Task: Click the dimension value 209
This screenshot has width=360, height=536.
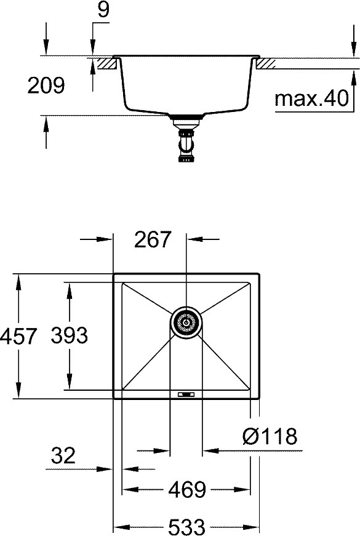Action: [x=46, y=86]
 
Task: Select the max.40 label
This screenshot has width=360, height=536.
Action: [x=311, y=98]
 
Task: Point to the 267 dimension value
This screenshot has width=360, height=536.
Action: [x=152, y=239]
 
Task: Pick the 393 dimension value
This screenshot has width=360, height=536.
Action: [x=70, y=335]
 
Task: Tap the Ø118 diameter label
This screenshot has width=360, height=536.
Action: [x=270, y=436]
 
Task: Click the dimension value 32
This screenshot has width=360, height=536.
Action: [x=63, y=455]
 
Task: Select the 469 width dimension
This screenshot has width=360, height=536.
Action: [x=187, y=489]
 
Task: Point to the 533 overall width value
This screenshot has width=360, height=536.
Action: [x=187, y=527]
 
